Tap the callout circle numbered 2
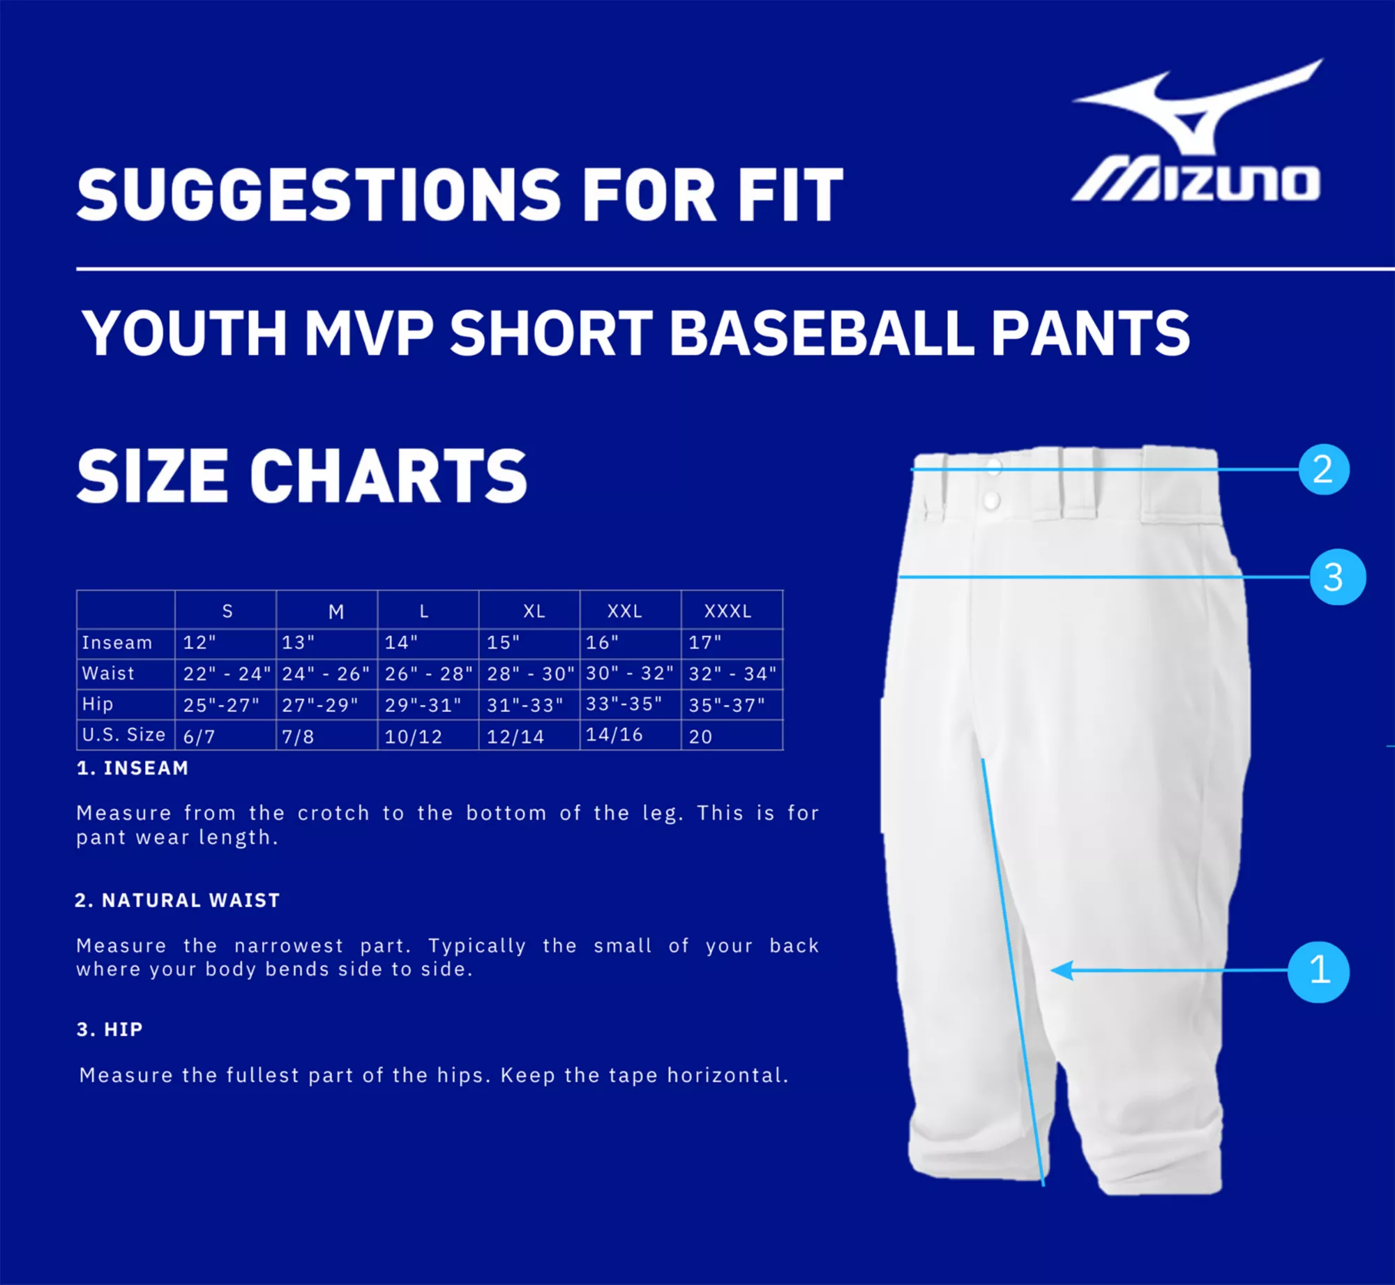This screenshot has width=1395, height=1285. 1323,469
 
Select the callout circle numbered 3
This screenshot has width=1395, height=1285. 1337,577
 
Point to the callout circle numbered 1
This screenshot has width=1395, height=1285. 1318,971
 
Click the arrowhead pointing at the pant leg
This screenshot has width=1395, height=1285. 1062,971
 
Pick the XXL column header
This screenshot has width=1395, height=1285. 624,611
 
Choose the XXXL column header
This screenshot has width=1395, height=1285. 727,611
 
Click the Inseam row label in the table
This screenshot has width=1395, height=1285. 117,643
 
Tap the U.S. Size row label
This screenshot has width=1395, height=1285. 123,735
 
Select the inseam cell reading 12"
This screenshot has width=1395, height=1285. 199,643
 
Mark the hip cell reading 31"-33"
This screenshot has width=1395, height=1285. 525,705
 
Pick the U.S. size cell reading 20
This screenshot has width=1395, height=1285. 700,737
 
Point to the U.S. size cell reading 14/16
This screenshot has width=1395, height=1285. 614,735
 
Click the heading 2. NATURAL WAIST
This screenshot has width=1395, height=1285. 177,901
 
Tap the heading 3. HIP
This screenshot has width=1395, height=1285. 110,1030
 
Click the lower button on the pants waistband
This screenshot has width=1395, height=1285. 990,499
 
